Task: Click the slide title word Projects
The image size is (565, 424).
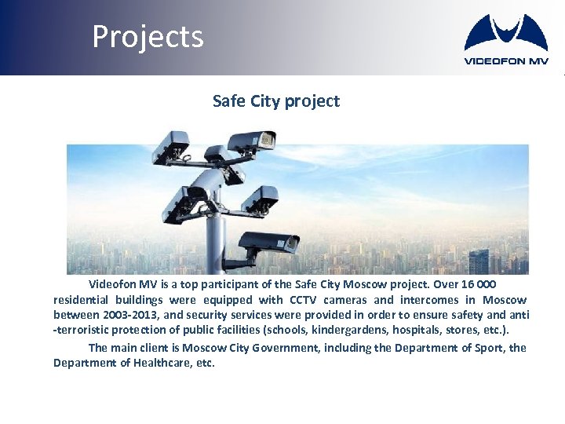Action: [x=148, y=37]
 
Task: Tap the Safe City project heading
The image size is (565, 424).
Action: [x=276, y=101]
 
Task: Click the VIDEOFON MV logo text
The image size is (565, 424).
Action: [x=506, y=60]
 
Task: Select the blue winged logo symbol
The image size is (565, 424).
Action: [x=506, y=33]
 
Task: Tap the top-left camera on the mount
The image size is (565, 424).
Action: [x=173, y=147]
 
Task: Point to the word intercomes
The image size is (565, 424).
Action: [x=428, y=300]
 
